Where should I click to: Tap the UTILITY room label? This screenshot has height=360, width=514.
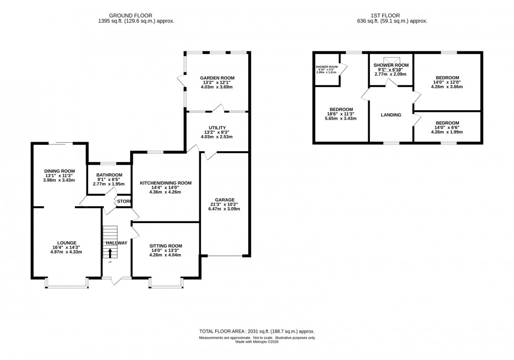click(x=217, y=128)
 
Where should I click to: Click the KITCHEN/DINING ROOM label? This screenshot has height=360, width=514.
click(x=165, y=183)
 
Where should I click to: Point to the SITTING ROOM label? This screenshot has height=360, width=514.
click(x=165, y=246)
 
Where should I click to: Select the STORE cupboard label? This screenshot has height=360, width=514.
click(x=124, y=200)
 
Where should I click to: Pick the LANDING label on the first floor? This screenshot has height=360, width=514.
click(x=391, y=115)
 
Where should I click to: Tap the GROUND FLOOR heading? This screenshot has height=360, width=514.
click(x=136, y=15)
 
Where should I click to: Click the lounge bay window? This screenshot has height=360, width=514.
click(x=67, y=284)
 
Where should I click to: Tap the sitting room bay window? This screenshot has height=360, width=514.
click(x=165, y=284)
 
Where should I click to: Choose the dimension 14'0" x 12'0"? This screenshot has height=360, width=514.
click(x=447, y=82)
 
